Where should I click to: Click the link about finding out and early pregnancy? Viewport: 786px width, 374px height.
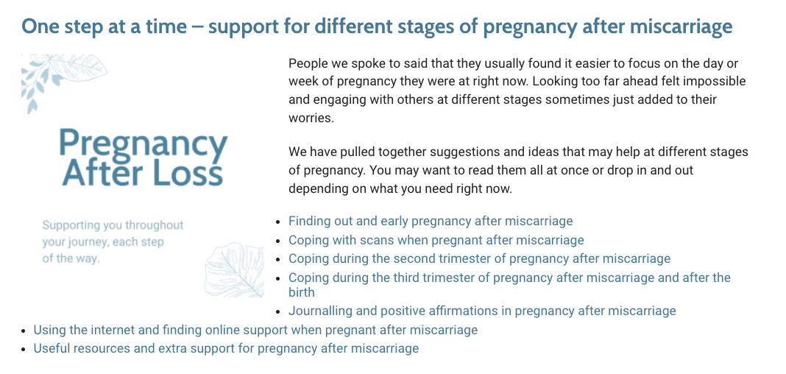click(431, 221)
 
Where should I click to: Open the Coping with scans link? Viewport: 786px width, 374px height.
click(436, 240)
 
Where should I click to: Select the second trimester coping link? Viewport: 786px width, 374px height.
click(479, 258)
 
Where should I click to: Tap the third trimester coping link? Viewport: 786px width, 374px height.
click(509, 284)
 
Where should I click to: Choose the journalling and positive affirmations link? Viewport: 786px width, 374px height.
click(482, 311)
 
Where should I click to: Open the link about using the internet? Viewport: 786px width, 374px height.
click(255, 330)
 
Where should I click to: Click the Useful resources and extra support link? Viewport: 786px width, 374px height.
click(226, 348)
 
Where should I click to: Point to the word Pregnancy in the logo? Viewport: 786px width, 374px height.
click(144, 142)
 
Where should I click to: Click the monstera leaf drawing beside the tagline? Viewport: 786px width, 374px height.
click(235, 271)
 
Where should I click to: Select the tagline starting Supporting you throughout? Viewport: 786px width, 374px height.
click(113, 242)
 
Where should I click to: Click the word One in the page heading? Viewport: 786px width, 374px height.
click(38, 26)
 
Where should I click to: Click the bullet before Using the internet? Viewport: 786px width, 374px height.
click(24, 331)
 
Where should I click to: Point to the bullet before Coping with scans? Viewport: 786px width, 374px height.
click(278, 241)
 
